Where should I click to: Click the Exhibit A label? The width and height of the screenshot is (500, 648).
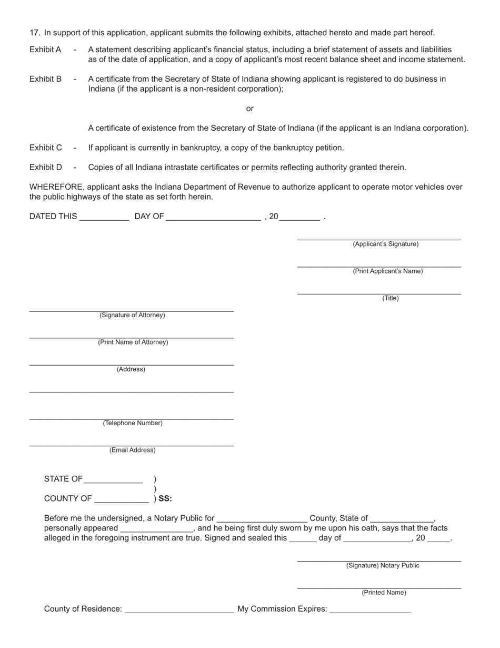click(45, 50)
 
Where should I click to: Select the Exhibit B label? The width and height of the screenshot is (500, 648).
click(45, 79)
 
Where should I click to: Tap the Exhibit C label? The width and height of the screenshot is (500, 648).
click(45, 148)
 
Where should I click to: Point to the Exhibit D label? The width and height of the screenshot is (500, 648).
click(45, 168)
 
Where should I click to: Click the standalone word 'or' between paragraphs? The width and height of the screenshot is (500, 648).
click(250, 109)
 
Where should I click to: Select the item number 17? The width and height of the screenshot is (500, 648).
click(35, 33)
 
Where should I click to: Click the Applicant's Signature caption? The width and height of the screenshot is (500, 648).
click(386, 244)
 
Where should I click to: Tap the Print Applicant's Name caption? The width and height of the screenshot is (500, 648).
click(388, 271)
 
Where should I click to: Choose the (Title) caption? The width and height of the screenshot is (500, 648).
click(391, 298)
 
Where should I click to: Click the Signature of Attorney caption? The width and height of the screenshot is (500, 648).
click(132, 315)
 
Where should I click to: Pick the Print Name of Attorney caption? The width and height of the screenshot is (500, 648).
click(133, 342)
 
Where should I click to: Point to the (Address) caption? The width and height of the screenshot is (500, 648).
click(131, 369)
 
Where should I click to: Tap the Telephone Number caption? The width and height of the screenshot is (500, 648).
click(133, 423)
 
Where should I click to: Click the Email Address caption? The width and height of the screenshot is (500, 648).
click(133, 450)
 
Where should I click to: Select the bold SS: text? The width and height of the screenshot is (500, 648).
click(165, 498)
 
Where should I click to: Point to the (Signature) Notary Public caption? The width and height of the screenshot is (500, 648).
click(383, 565)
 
